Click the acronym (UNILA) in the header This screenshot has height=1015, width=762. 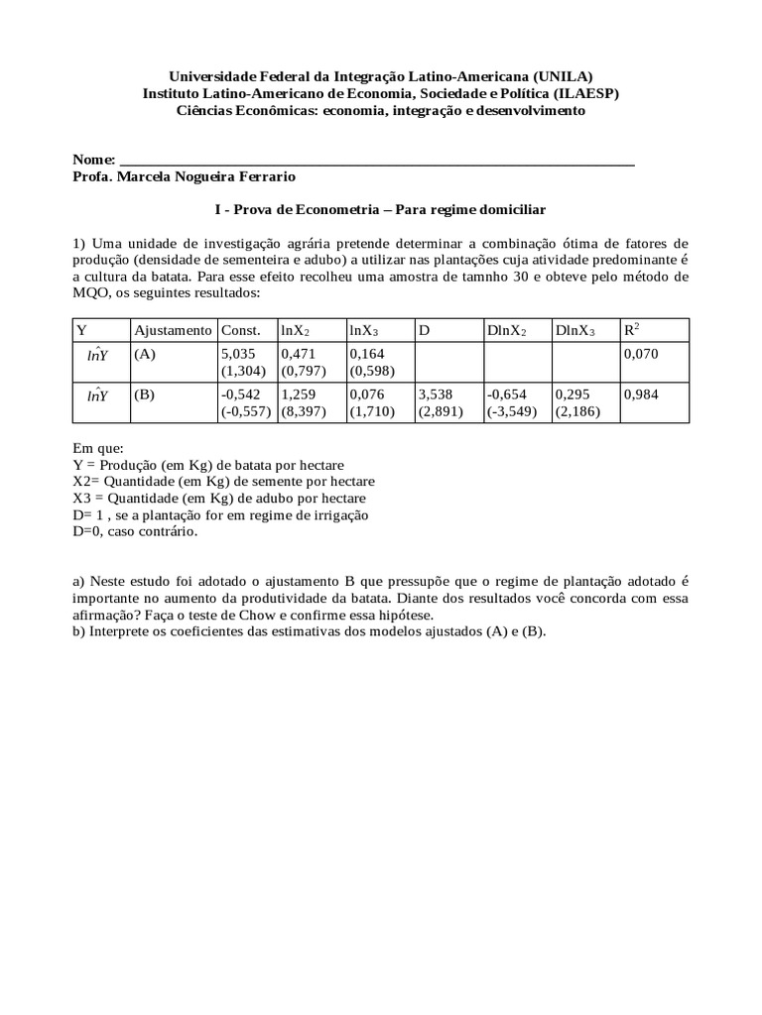pyautogui.click(x=563, y=76)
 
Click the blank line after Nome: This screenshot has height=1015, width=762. pyautogui.click(x=377, y=159)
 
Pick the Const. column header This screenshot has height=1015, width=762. pyautogui.click(x=240, y=330)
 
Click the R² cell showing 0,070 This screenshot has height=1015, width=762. pyautogui.click(x=641, y=353)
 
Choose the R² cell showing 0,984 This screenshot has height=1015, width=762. pyautogui.click(x=641, y=395)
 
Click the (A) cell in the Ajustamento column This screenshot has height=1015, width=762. pyautogui.click(x=145, y=354)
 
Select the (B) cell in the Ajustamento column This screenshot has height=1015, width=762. pyautogui.click(x=145, y=395)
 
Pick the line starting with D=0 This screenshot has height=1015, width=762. pyautogui.click(x=136, y=532)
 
